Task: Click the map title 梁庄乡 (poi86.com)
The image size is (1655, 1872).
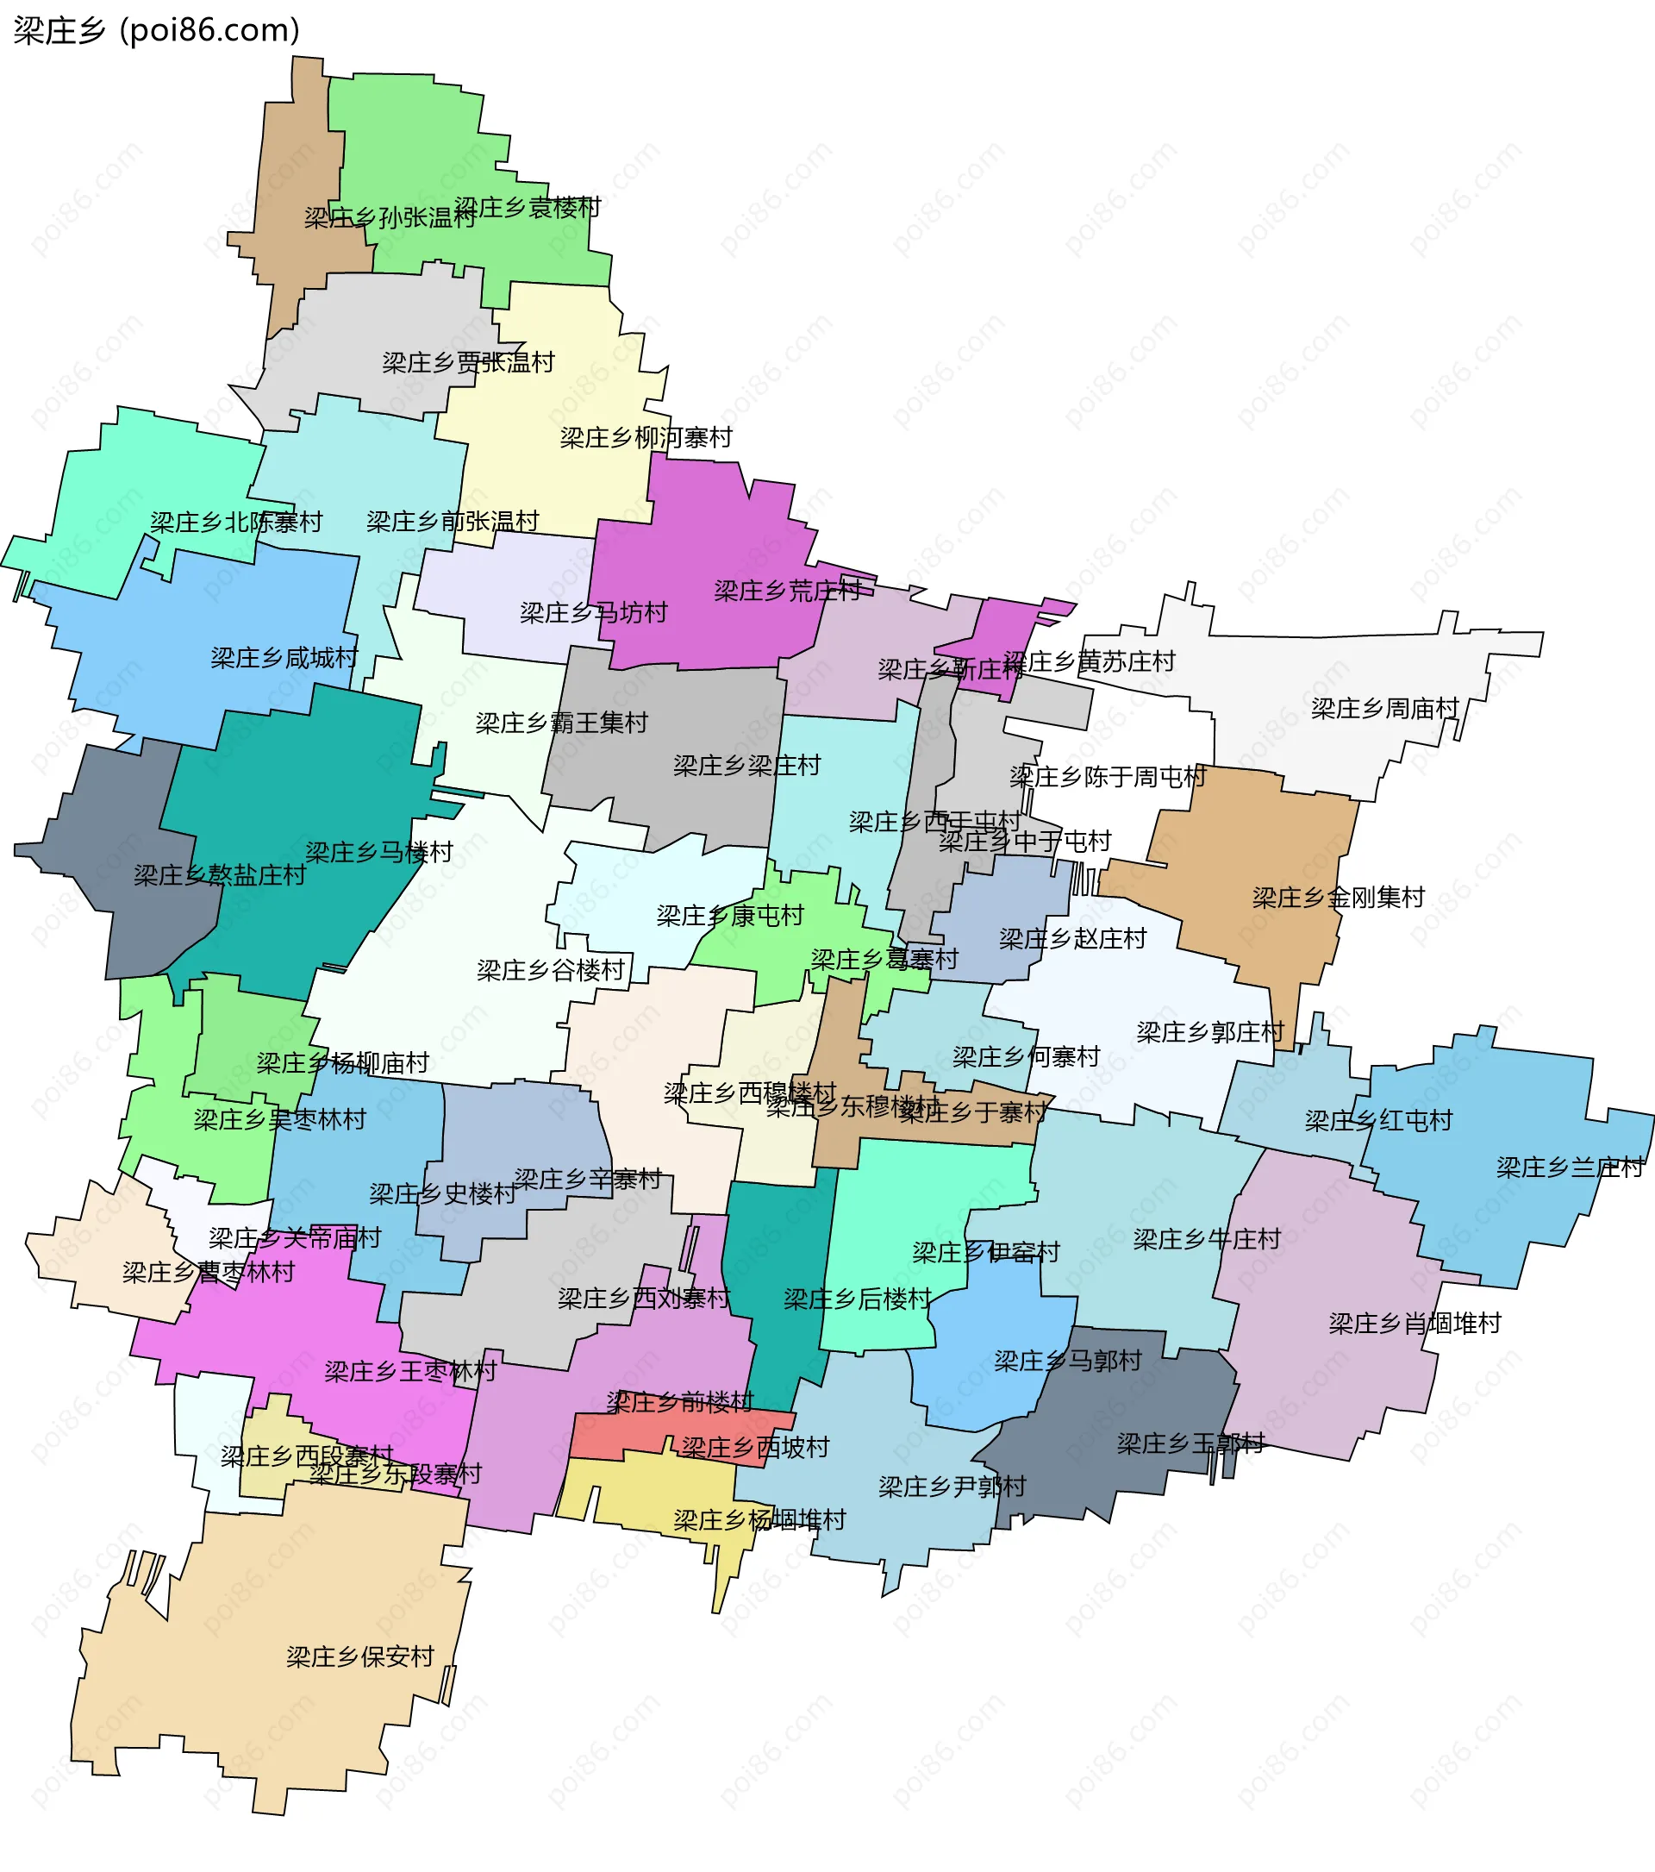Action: [157, 30]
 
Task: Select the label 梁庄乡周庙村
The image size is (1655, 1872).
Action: [1384, 708]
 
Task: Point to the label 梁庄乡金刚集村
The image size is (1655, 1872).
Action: [1339, 897]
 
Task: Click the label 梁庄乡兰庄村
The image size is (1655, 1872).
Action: [1570, 1168]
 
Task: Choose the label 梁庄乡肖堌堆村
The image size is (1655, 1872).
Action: [1415, 1324]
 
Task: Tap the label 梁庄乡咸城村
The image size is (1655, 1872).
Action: [284, 658]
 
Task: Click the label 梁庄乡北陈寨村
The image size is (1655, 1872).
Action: [236, 522]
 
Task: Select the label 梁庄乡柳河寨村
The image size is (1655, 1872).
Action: [646, 438]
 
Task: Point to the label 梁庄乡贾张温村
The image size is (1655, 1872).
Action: [468, 363]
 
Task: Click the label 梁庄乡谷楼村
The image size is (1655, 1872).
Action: [550, 970]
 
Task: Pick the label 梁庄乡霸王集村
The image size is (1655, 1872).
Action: [561, 723]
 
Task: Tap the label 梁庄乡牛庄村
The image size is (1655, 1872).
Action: [1207, 1239]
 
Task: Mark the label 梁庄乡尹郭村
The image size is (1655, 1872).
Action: [952, 1487]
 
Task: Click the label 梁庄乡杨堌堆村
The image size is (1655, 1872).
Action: [759, 1520]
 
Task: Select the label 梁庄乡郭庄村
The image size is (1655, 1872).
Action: [1210, 1032]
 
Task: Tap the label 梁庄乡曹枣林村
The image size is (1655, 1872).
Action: [208, 1272]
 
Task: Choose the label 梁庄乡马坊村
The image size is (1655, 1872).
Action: [593, 613]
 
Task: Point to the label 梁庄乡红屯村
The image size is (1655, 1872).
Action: [1377, 1120]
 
